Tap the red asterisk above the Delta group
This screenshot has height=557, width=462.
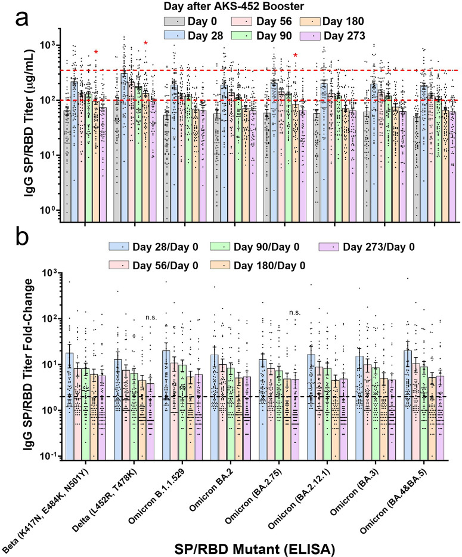145,44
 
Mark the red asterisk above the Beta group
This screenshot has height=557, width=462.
96,53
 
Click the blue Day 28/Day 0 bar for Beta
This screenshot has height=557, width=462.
70,412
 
